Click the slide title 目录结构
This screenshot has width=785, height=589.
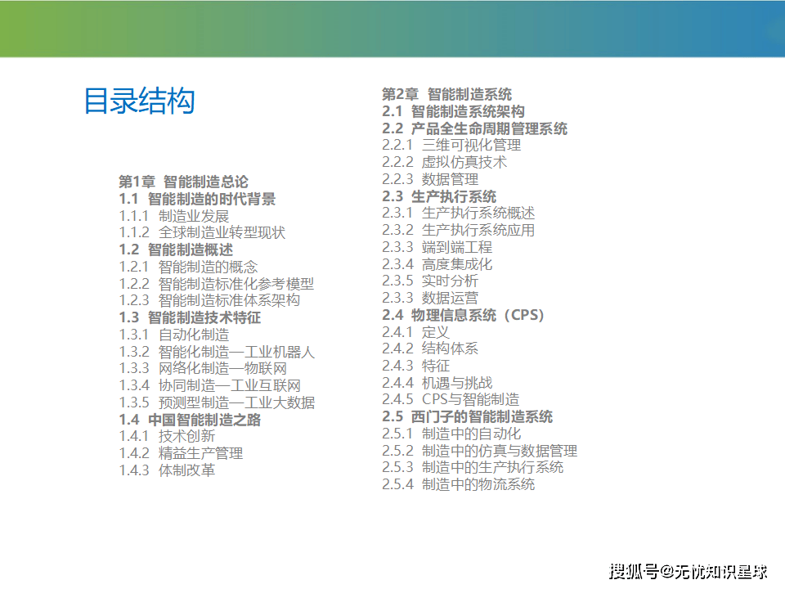click(x=139, y=101)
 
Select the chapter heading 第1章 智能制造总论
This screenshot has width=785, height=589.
click(x=183, y=182)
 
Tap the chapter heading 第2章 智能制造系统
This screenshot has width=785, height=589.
click(x=446, y=94)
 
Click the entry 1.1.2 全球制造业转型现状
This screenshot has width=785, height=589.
click(x=202, y=232)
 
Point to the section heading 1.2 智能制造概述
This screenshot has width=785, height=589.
click(x=177, y=250)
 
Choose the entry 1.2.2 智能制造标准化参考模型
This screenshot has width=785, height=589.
click(x=216, y=284)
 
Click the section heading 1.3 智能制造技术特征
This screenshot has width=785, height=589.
click(x=191, y=317)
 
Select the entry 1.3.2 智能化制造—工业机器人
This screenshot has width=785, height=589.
click(x=217, y=352)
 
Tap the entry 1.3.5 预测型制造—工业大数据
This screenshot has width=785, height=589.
click(x=217, y=402)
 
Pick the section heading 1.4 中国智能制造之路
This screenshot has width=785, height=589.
click(x=191, y=420)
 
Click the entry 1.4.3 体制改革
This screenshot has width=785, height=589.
click(x=167, y=470)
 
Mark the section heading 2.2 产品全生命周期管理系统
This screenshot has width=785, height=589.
click(x=474, y=128)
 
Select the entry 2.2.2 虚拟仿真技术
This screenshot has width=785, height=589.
click(x=445, y=162)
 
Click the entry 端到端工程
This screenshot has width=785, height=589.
click(x=457, y=247)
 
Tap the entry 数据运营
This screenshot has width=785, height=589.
click(x=450, y=298)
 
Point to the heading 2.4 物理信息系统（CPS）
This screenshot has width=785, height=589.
click(x=463, y=315)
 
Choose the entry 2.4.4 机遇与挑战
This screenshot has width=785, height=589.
click(x=437, y=383)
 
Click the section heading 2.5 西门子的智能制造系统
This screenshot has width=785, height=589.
click(x=468, y=416)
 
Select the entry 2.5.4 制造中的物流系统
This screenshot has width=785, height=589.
click(x=458, y=484)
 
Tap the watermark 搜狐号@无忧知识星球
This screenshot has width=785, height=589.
click(x=689, y=572)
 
